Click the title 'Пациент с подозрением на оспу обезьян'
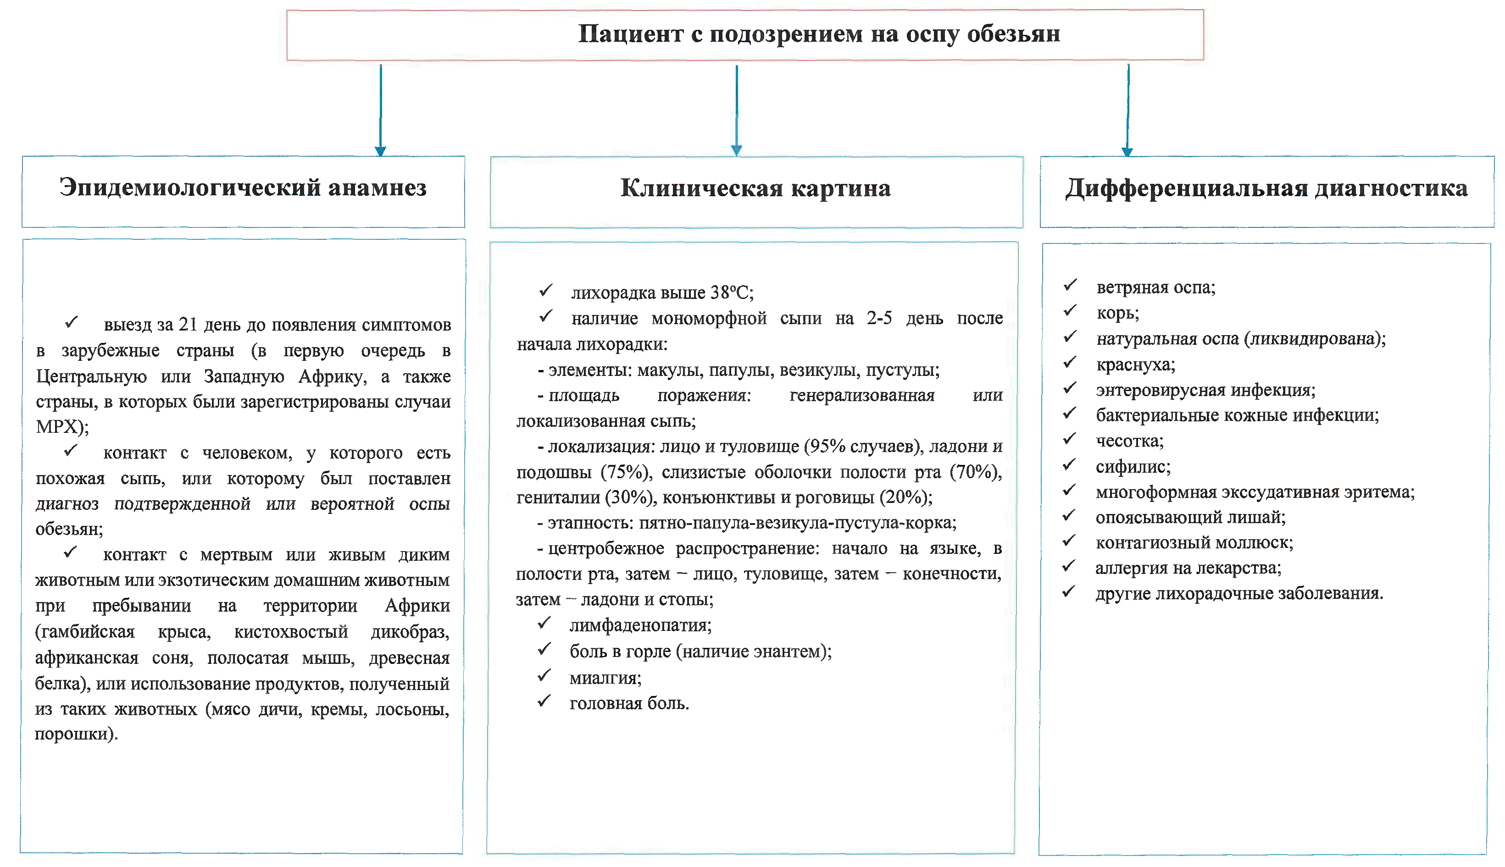click(819, 34)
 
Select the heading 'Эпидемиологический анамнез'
click(243, 188)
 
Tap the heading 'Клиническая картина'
click(755, 188)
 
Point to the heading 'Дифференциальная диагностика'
click(1266, 188)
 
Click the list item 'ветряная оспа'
click(1155, 287)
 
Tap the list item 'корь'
click(1117, 313)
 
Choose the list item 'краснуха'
click(1135, 364)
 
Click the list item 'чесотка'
click(1129, 441)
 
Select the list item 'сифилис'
click(1133, 467)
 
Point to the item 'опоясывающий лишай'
click(1190, 518)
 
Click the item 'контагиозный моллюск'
click(1194, 543)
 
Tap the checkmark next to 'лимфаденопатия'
click(544, 623)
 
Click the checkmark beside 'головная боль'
click(544, 701)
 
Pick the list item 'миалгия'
click(605, 678)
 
